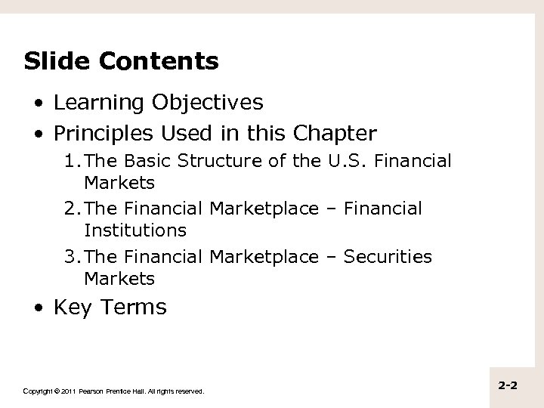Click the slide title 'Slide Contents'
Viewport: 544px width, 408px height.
(x=121, y=61)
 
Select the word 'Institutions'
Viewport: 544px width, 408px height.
(x=135, y=229)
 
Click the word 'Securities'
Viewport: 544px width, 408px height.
(x=388, y=257)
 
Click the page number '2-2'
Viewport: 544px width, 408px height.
(x=508, y=386)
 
